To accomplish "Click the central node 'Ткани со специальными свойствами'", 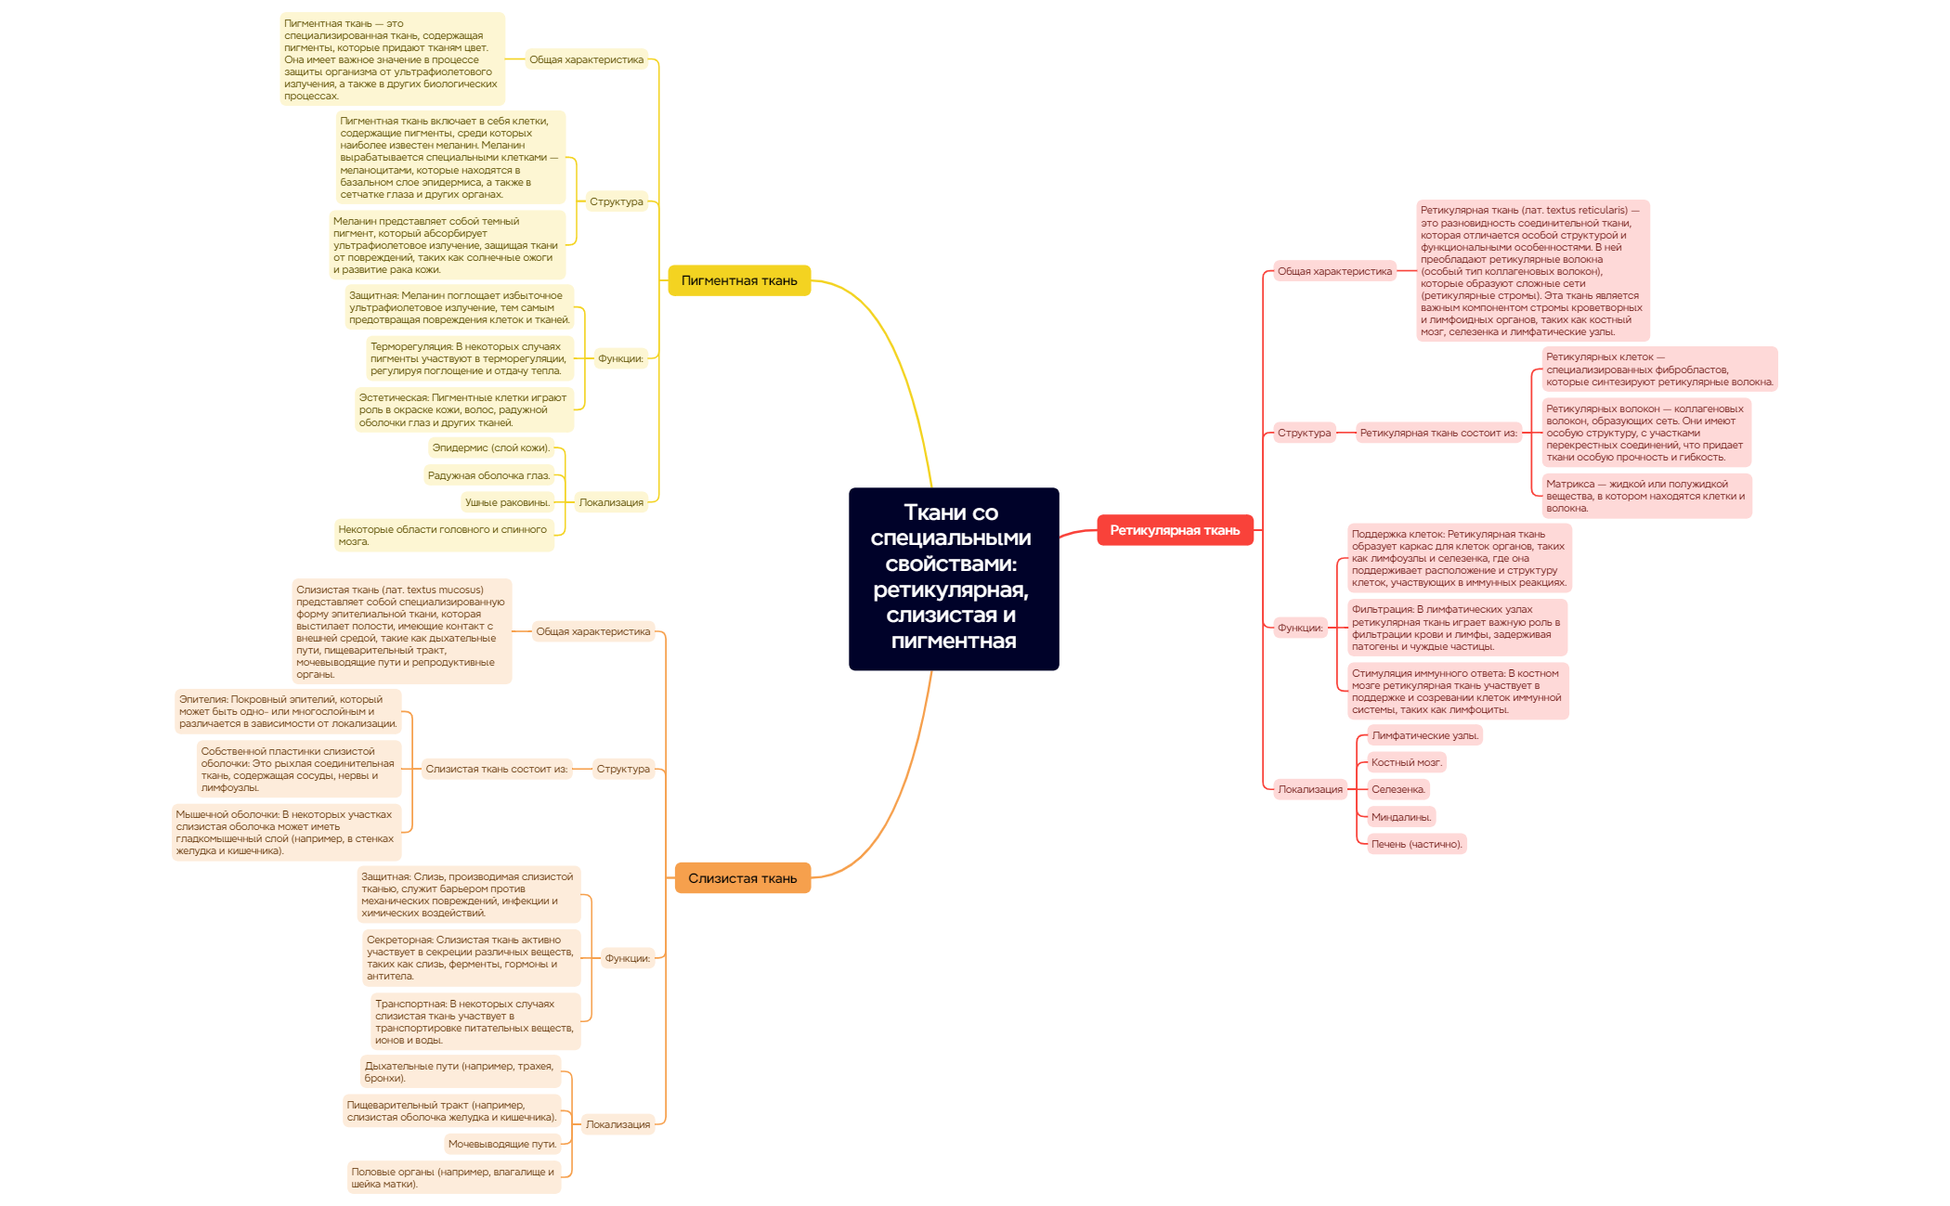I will pos(953,577).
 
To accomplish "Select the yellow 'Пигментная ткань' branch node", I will pos(739,280).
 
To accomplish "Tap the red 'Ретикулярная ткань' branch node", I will pos(1175,530).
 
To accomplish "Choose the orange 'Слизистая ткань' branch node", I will pos(742,878).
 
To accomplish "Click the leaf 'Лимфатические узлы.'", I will pos(1424,735).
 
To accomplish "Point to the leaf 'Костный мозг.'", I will pos(1407,762).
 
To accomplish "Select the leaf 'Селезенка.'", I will pos(1397,789).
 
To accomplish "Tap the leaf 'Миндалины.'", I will pos(1401,817).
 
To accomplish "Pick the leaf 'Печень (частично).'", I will pos(1416,844).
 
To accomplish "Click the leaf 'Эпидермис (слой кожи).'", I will pos(491,447).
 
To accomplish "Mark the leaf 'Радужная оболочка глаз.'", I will pos(488,475).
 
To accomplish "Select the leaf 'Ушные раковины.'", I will pos(507,502).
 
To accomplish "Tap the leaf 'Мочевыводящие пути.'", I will pos(502,1144).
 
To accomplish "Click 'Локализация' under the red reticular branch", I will pos(1310,789).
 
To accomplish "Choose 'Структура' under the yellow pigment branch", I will pos(616,201).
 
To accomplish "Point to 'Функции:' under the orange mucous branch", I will pos(628,958).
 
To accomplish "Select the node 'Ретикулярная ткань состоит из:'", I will pos(1438,433).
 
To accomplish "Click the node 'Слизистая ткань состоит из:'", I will pos(496,769).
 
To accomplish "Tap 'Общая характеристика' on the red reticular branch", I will pos(1334,271).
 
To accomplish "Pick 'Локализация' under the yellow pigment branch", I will pos(611,502).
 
